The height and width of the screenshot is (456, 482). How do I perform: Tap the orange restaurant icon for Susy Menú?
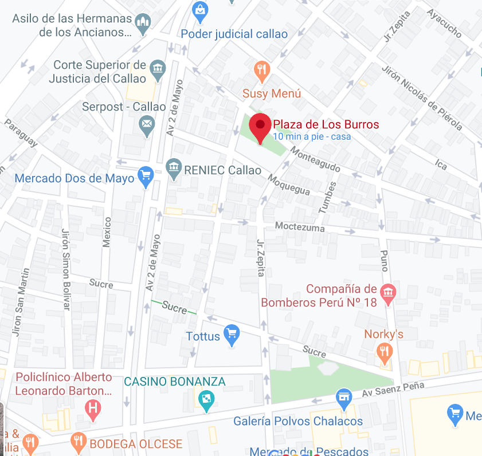point(262,70)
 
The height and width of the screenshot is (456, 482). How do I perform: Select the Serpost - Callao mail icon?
point(147,124)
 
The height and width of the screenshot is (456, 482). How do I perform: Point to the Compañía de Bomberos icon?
point(389,293)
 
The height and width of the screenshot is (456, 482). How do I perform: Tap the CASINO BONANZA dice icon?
point(205,399)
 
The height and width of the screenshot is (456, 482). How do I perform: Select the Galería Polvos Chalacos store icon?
point(344,397)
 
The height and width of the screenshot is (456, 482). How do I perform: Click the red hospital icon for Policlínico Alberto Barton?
point(92,408)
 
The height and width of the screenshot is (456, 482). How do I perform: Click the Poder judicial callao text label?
point(234,34)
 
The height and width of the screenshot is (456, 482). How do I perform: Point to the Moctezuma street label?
point(299,227)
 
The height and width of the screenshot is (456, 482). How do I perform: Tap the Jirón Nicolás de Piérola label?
point(421,97)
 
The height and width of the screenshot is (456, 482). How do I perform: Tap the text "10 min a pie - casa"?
point(312,136)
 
